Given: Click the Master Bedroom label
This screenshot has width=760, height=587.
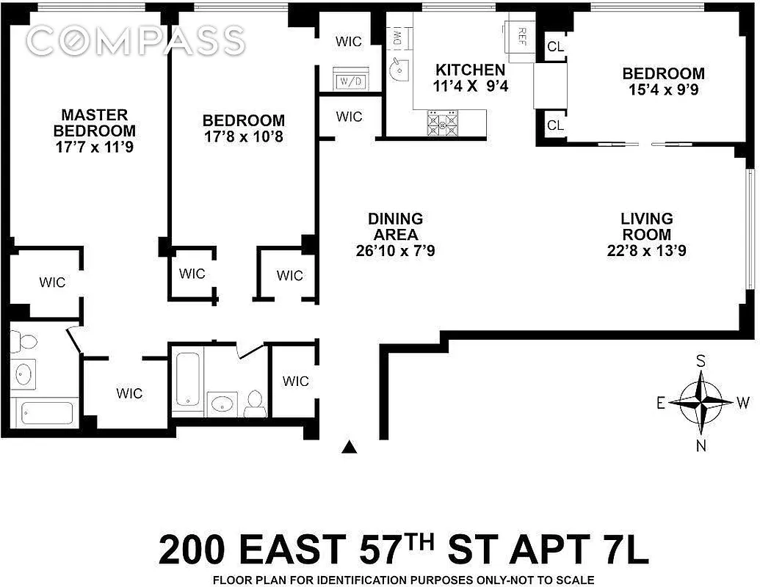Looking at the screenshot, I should (x=94, y=123).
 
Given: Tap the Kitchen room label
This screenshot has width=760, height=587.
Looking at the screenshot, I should (x=470, y=70).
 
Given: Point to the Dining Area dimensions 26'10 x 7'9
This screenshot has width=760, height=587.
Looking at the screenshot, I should (x=395, y=251).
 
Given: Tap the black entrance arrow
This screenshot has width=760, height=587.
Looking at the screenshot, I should (x=351, y=447).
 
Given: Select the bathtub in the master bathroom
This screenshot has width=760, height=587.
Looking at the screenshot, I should (x=46, y=412).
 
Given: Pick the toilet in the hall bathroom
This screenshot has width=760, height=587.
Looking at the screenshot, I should (x=255, y=400).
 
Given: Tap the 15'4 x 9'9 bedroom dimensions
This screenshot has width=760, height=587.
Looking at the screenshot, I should (x=663, y=90).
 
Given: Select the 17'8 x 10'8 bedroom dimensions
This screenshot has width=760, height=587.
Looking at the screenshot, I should (x=243, y=136).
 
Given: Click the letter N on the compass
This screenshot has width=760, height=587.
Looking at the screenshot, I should (x=701, y=445).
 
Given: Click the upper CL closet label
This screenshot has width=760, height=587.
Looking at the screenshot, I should (x=556, y=46).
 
